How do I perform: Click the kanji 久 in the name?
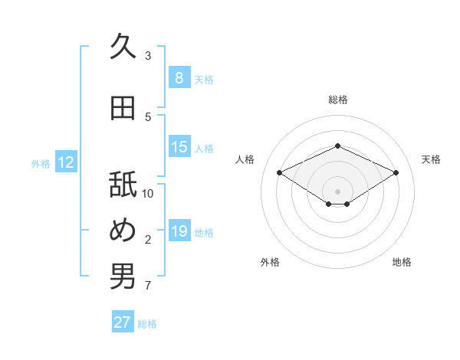(x=123, y=45)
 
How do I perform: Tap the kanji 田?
(x=123, y=108)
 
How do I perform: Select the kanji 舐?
(x=123, y=184)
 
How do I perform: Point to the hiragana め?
(x=123, y=230)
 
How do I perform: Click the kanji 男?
(x=123, y=276)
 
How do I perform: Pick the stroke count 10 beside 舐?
(x=147, y=194)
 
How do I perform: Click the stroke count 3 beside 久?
(x=148, y=56)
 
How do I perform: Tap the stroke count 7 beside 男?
(x=148, y=286)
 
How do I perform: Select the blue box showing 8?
(x=179, y=77)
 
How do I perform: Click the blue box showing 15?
(x=179, y=146)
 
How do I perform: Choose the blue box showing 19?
(x=179, y=230)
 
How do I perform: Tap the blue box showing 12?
(x=66, y=162)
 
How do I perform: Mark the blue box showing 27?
(x=123, y=321)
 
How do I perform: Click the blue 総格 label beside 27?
(x=147, y=324)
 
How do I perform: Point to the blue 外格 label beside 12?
(x=41, y=164)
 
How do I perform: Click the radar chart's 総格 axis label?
(x=338, y=100)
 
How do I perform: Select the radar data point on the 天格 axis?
(x=396, y=173)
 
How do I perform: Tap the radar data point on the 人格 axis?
(x=280, y=173)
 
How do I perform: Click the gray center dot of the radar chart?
(x=337, y=191)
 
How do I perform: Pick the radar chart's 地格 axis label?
(x=402, y=262)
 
